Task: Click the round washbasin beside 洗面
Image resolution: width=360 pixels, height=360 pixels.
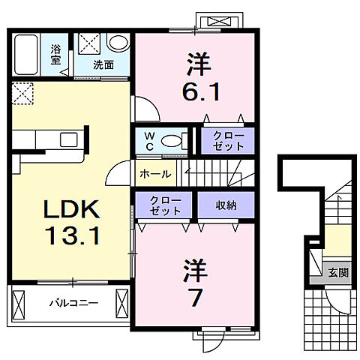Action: [118, 43]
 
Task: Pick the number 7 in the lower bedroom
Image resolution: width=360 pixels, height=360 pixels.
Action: [195, 297]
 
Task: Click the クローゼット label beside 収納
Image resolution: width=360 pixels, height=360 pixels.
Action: [164, 205]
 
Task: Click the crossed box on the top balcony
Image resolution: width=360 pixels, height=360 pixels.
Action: [218, 21]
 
